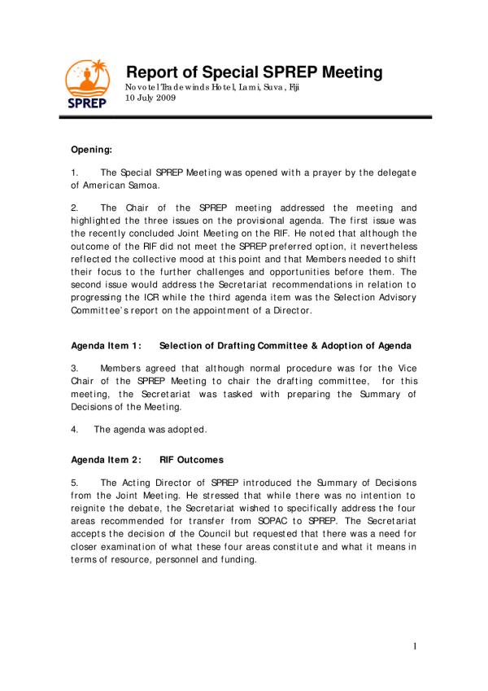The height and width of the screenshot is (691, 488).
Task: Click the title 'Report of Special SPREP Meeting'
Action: pos(254,72)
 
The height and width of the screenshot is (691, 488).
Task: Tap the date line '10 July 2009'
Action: pos(151,98)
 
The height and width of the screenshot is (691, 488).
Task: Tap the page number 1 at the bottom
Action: pos(414,646)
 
